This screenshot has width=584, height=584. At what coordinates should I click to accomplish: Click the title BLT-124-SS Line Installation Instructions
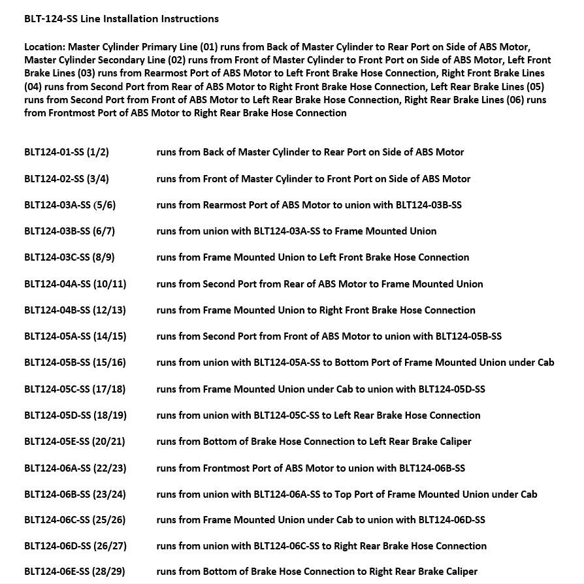click(x=122, y=19)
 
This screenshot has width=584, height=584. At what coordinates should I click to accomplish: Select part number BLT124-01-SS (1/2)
click(x=67, y=152)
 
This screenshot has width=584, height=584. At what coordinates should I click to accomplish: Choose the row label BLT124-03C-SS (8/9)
click(x=69, y=257)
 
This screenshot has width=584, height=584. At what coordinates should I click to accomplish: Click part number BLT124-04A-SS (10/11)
click(x=75, y=284)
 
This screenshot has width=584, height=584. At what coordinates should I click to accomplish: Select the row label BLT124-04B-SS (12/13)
click(x=75, y=310)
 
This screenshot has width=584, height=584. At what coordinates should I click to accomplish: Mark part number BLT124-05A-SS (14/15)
click(x=75, y=336)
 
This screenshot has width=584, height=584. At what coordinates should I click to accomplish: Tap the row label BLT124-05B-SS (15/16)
click(x=75, y=363)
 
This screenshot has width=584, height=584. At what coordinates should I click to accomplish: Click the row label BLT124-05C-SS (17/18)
click(x=75, y=389)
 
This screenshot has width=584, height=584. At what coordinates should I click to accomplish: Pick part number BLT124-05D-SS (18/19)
click(x=75, y=415)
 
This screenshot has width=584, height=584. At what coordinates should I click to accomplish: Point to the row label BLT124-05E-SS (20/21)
click(x=74, y=442)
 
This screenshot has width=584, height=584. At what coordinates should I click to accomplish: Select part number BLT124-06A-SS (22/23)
click(x=75, y=468)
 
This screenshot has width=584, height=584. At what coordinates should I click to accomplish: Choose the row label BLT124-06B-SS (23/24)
click(x=75, y=495)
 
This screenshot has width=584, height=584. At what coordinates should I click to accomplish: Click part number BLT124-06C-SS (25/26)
click(x=75, y=520)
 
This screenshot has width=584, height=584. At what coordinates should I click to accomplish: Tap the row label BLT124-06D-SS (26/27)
click(x=75, y=546)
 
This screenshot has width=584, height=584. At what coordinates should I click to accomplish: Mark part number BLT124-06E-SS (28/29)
click(x=74, y=572)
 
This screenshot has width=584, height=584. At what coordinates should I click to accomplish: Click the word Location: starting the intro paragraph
click(x=44, y=47)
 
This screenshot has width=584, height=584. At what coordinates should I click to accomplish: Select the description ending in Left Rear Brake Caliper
click(x=314, y=442)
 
